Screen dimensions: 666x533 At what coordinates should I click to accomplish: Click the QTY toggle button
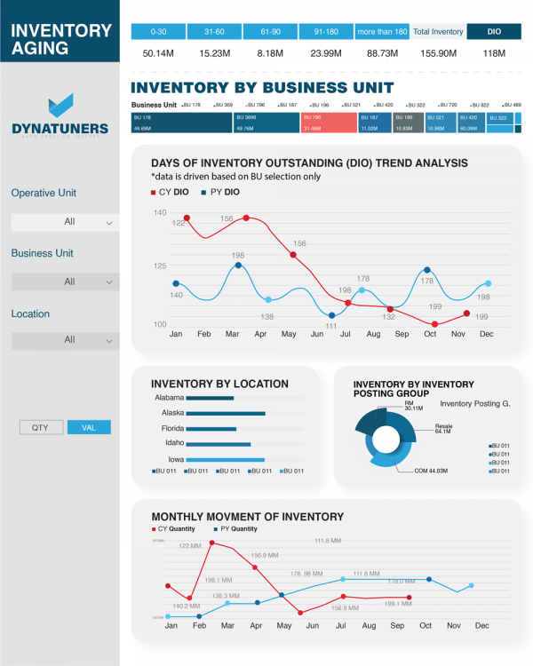tap(41, 427)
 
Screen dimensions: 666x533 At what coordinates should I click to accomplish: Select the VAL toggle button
tap(89, 427)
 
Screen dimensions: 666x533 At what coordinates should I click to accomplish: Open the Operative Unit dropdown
tap(65, 222)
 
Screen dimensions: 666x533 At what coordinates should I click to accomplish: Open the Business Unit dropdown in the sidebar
tap(65, 281)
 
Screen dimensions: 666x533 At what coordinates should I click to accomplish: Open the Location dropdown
tap(65, 340)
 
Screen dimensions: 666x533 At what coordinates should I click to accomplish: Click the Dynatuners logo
tap(60, 115)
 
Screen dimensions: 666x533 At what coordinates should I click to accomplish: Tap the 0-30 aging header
tap(159, 32)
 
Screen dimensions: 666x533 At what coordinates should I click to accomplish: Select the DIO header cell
tap(494, 32)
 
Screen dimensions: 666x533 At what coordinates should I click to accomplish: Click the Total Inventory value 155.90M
tap(437, 54)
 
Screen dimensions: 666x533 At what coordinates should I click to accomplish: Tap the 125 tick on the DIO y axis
tap(160, 266)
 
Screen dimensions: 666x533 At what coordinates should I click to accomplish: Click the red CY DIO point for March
tap(245, 218)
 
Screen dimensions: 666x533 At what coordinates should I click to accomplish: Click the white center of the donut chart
tap(388, 438)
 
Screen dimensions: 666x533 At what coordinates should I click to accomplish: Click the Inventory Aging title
tap(60, 39)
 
